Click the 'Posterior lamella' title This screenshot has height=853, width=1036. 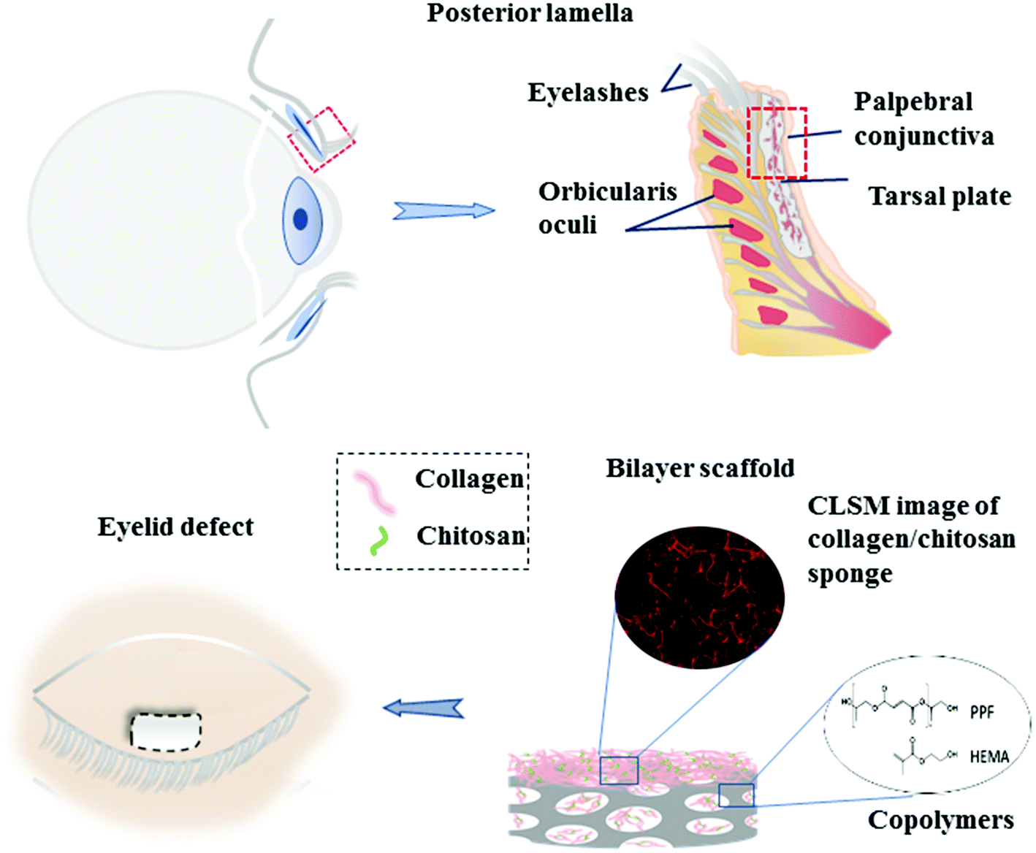[530, 13]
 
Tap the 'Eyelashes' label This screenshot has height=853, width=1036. [588, 93]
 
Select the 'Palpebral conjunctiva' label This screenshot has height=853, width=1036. [923, 119]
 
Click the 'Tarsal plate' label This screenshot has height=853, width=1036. [940, 196]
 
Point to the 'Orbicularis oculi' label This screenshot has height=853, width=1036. [607, 208]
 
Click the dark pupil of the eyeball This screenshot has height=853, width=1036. [300, 219]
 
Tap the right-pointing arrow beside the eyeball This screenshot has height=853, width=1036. [444, 210]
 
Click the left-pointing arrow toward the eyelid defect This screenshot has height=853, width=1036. [423, 708]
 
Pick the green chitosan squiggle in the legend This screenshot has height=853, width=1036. [378, 541]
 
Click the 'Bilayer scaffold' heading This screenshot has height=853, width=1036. [700, 468]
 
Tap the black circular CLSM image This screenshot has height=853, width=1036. [699, 597]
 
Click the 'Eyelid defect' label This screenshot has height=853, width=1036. [175, 526]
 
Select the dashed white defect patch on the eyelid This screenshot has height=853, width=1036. [166, 732]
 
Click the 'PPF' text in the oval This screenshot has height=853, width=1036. [982, 713]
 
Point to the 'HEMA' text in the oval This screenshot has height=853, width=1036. [989, 757]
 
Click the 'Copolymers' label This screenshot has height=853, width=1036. [940, 820]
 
